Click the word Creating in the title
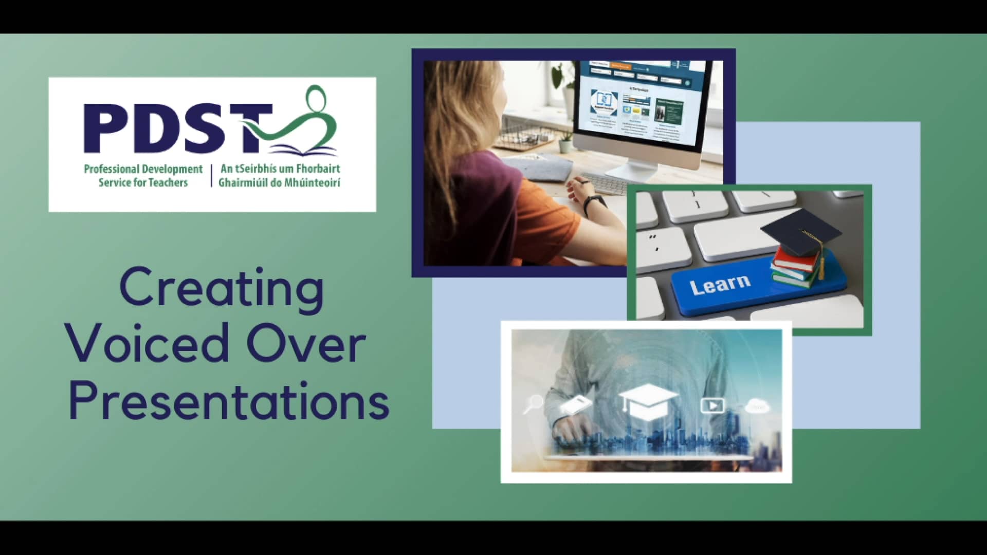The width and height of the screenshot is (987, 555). [222, 289]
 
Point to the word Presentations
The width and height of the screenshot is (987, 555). [229, 401]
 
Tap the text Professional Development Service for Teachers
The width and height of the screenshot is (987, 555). [143, 176]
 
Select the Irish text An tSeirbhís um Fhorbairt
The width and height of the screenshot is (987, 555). [280, 169]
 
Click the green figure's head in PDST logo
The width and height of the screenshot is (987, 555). [316, 98]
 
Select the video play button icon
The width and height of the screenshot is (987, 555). [712, 405]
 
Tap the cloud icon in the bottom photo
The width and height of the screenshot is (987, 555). [757, 406]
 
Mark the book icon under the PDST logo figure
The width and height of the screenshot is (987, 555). [303, 151]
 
